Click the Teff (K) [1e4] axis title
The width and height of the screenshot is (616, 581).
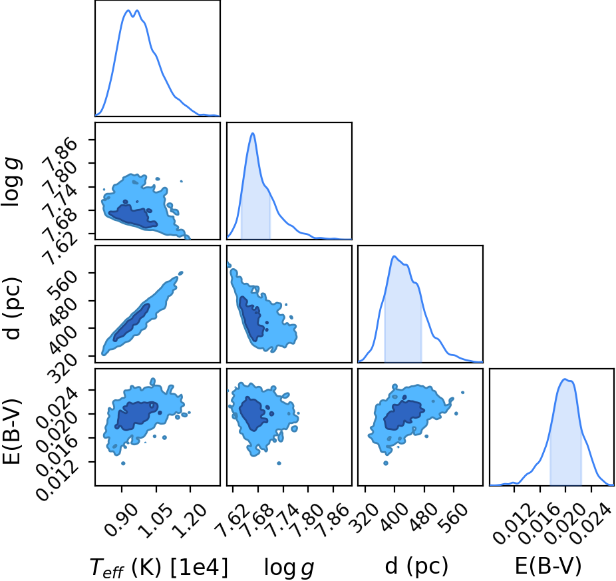click(159, 568)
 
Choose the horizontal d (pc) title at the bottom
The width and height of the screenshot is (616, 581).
click(416, 566)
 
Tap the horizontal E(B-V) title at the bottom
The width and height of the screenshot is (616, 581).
click(547, 566)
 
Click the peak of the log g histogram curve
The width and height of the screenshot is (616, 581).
click(253, 134)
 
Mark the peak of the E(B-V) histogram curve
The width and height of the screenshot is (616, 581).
click(565, 379)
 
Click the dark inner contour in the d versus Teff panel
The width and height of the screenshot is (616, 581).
click(132, 323)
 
